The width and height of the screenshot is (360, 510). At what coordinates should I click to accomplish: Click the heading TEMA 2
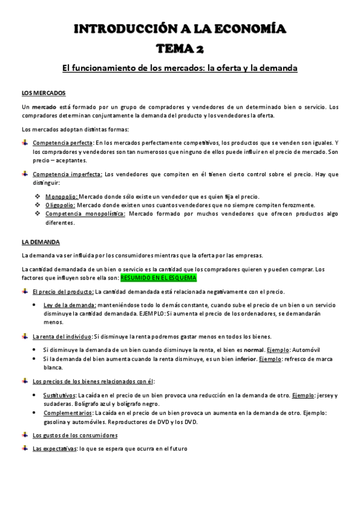(180, 49)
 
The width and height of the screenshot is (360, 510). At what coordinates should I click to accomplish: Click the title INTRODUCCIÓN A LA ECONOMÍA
(180, 29)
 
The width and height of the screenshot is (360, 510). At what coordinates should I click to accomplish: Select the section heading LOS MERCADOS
(43, 93)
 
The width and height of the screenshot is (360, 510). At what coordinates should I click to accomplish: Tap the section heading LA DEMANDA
(40, 242)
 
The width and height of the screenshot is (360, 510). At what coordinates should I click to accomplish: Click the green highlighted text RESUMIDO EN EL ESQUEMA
(158, 279)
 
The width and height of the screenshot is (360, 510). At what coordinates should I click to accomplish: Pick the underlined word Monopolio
(61, 197)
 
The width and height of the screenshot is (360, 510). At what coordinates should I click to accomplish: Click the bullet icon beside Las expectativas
(25, 448)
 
